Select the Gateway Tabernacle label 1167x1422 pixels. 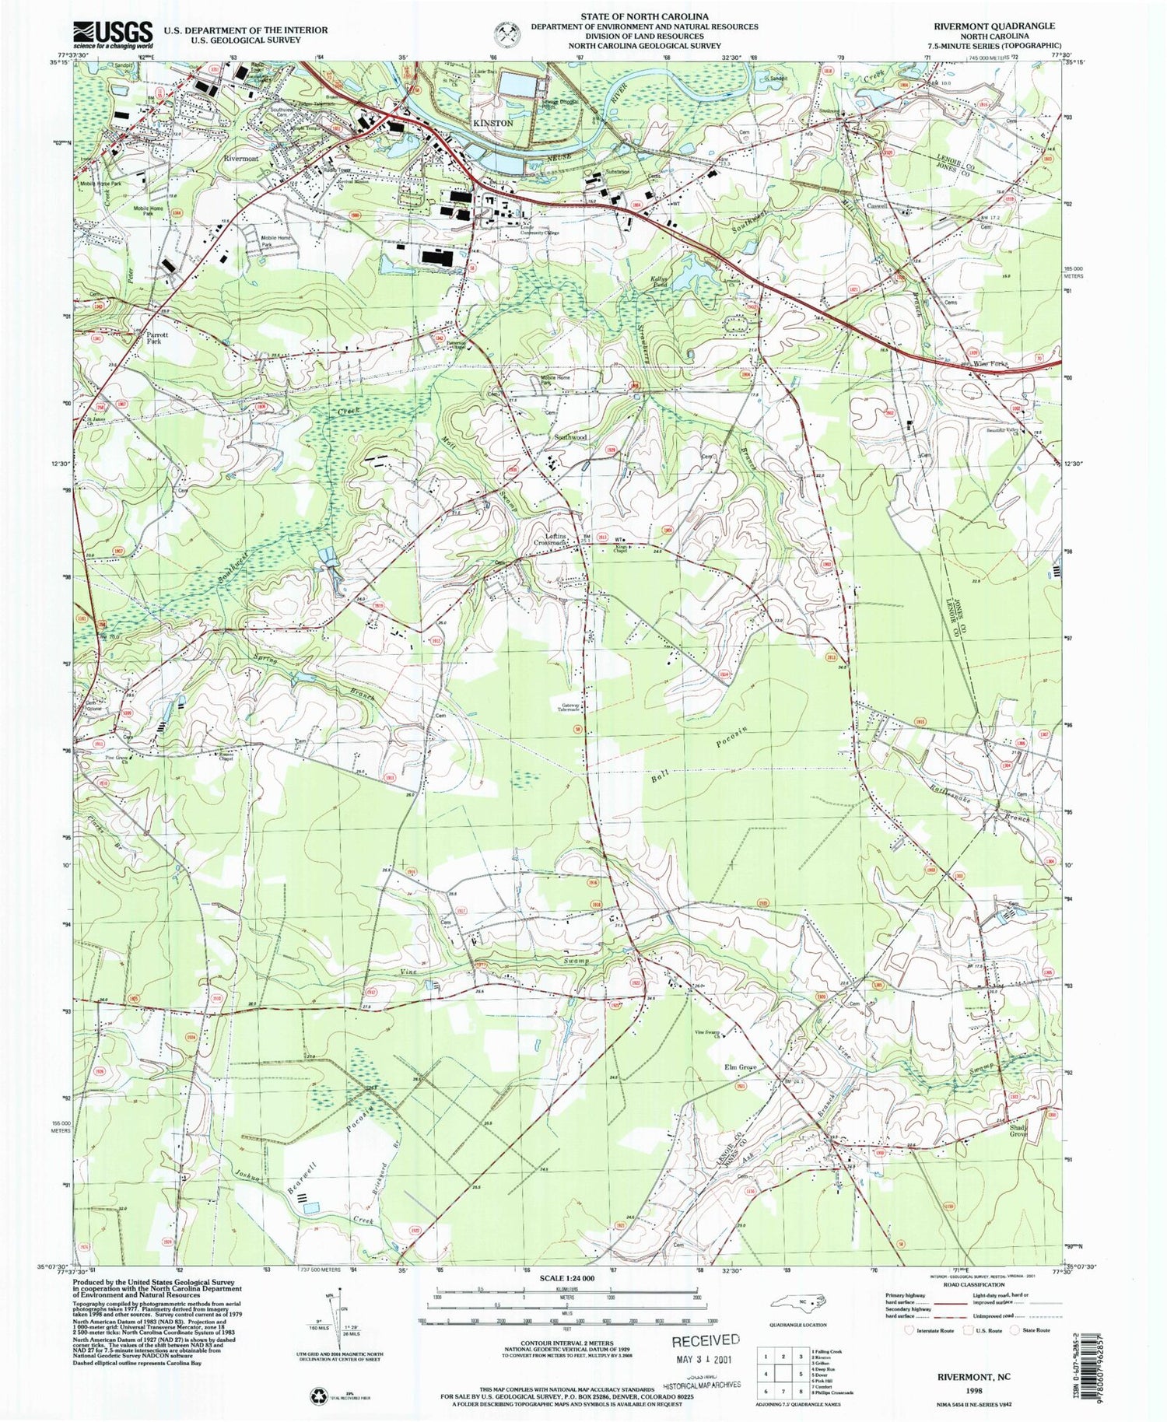(569, 708)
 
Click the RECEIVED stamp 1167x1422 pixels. (705, 1340)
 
